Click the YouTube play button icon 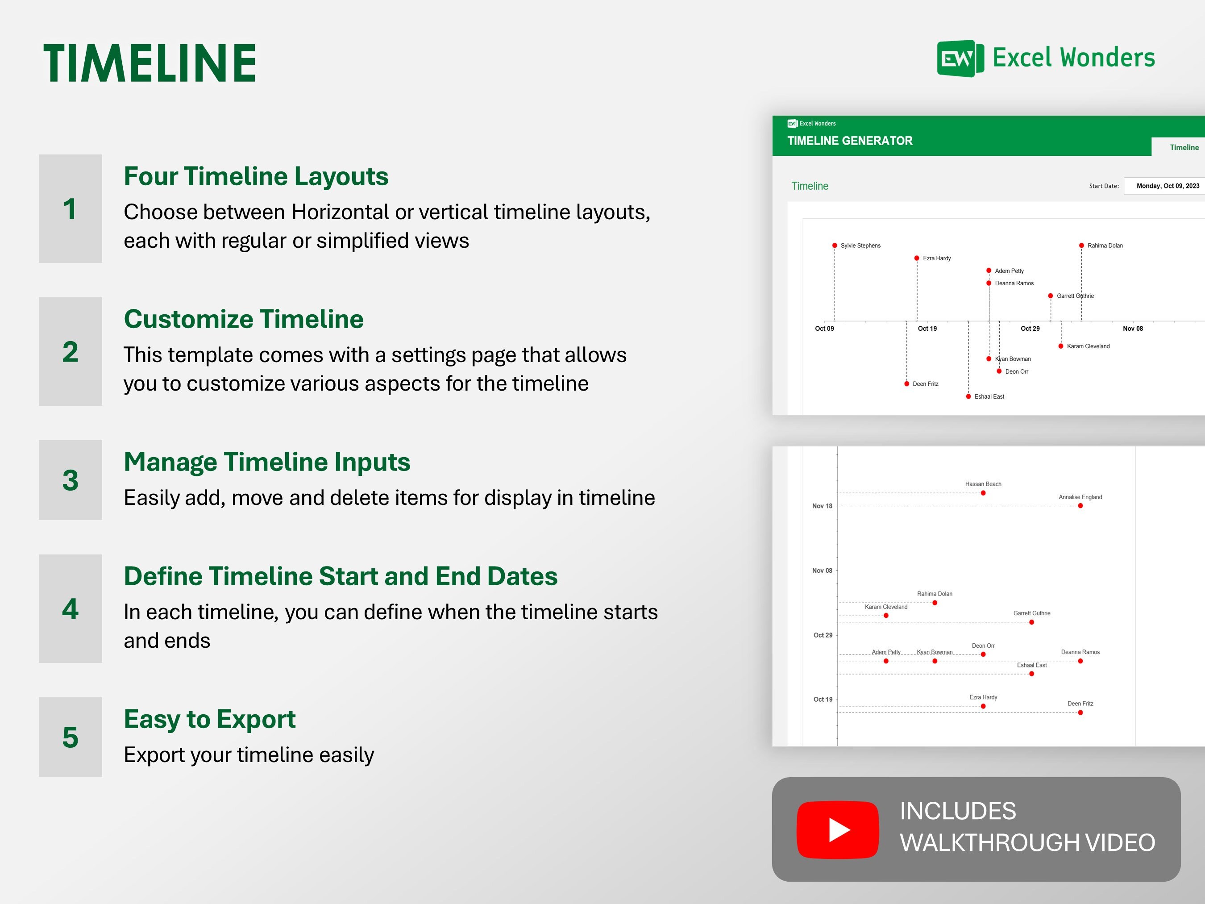(837, 830)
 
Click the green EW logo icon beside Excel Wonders (960, 58)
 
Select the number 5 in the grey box (70, 737)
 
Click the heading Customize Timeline (244, 319)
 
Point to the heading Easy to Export (210, 719)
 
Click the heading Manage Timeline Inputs (267, 462)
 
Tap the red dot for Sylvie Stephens (835, 246)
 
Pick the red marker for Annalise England (1080, 506)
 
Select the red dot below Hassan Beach (983, 493)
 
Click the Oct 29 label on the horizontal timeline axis (1030, 329)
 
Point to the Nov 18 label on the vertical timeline (822, 506)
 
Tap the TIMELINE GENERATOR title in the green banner (850, 141)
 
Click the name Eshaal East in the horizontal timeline (989, 397)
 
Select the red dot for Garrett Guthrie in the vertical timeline (1032, 622)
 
